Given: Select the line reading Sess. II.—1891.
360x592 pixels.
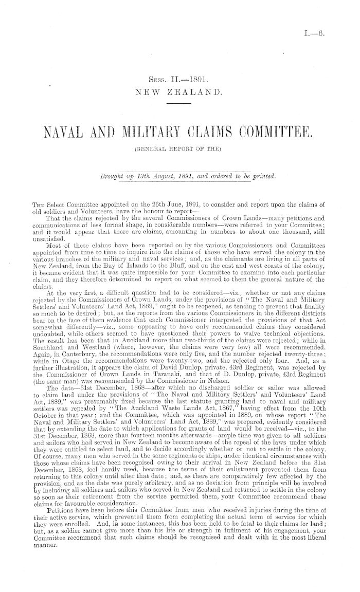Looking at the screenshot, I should click(177, 80).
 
